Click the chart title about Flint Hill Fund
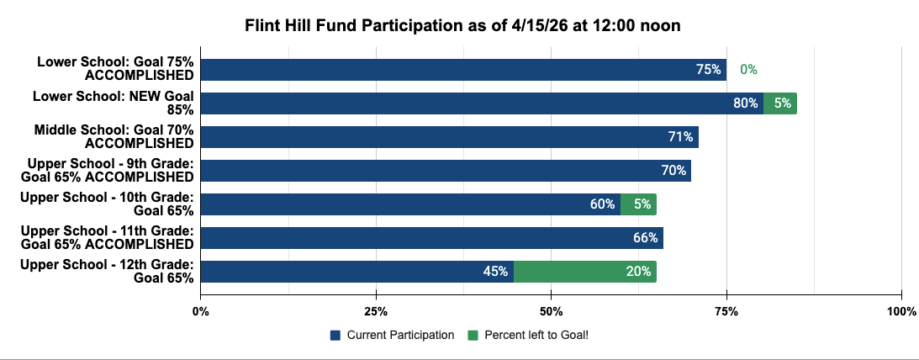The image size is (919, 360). point(462,26)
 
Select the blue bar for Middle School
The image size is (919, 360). point(450,137)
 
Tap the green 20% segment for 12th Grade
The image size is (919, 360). point(585,272)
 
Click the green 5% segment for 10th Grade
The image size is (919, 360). point(638,204)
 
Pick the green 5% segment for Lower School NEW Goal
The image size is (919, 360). point(780,103)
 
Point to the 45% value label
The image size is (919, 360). point(495,272)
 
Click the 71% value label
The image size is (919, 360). point(680,137)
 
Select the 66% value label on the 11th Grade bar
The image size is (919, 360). point(645,238)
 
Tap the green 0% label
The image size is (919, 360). point(748,69)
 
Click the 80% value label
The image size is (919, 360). point(745,103)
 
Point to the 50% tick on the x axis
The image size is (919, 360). point(551,310)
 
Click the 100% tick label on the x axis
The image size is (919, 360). point(901,310)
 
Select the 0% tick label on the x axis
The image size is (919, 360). point(200,310)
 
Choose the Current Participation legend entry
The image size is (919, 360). point(392,336)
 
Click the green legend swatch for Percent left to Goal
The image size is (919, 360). point(473,336)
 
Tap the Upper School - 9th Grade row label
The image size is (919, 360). point(107,170)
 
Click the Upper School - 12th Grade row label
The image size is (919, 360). point(107,272)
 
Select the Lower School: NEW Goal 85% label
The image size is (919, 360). point(114,103)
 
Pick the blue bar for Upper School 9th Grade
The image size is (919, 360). point(446,171)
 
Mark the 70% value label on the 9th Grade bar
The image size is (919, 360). point(673,171)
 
